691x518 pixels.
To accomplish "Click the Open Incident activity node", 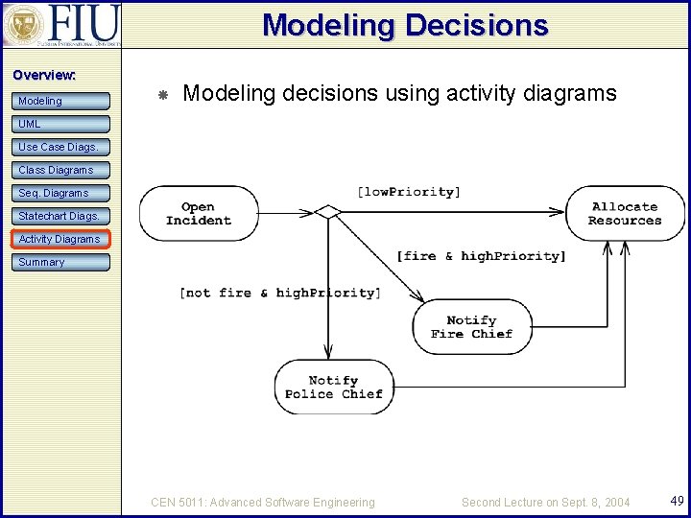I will coord(199,213).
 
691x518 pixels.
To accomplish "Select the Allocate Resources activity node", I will coord(625,213).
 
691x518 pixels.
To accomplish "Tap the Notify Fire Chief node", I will coord(471,327).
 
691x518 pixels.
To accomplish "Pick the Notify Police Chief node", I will coord(333,387).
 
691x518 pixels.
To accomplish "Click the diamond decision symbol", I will coord(328,211).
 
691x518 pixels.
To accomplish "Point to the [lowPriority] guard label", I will coord(409,192).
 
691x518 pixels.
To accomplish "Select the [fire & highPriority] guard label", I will coord(481,256).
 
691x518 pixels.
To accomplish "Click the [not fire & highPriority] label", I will coord(279,293).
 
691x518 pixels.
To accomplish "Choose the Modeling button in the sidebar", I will coord(61,101).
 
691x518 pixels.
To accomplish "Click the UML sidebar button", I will coord(61,124).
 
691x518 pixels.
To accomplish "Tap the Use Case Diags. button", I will coord(61,147).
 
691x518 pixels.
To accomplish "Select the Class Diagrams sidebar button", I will coord(61,170).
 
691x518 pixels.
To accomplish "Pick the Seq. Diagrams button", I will coord(61,193).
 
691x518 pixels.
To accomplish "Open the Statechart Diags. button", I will coord(61,216).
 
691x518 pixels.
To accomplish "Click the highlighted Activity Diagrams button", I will coord(61,239).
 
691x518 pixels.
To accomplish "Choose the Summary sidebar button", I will coord(61,262).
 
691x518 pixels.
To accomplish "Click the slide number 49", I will coord(676,501).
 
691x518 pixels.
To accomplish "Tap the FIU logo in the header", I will coord(61,24).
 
